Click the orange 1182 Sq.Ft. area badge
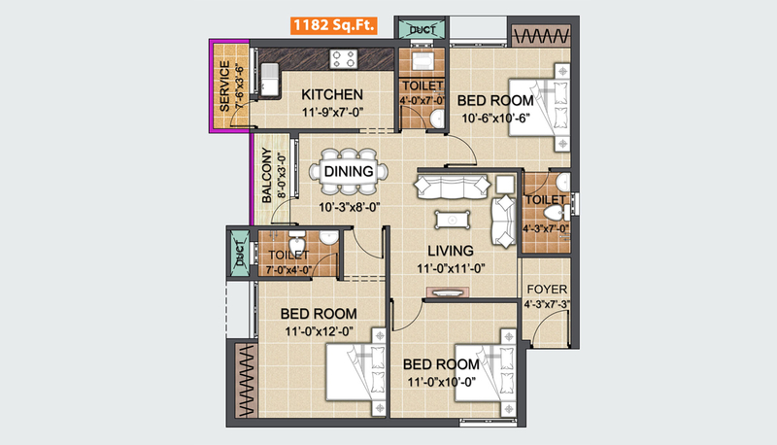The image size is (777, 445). [x=333, y=25]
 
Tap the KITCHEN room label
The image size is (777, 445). [x=332, y=94]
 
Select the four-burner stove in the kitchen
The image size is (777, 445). [x=344, y=59]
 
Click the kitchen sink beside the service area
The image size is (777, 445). [x=269, y=79]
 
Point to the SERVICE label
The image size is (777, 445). [x=224, y=86]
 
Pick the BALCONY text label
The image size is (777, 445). [x=266, y=176]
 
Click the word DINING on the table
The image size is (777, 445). [x=349, y=171]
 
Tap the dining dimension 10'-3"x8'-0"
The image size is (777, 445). [x=349, y=207]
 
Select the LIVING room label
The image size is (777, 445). [x=451, y=251]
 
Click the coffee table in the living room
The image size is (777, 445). [x=453, y=220]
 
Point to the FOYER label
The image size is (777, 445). [x=547, y=290]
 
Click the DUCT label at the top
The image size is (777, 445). [x=422, y=30]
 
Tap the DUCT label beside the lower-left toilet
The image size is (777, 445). [x=241, y=254]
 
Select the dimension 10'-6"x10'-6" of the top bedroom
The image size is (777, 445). [x=495, y=119]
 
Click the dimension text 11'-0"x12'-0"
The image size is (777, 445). [x=320, y=331]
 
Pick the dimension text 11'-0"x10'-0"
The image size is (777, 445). [x=442, y=382]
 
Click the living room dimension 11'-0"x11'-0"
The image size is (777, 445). [x=451, y=268]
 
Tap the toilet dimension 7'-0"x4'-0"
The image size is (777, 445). [x=288, y=270]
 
